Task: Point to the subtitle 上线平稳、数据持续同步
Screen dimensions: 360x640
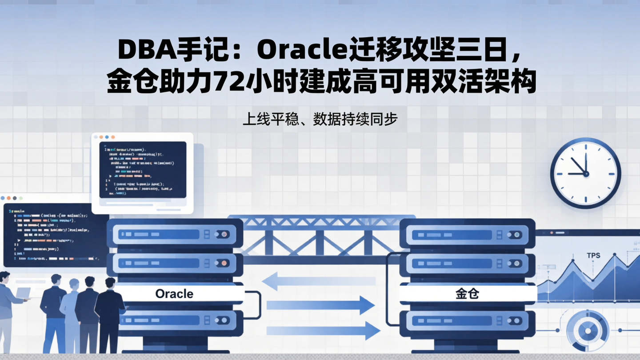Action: (x=320, y=120)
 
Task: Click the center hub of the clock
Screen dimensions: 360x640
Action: (x=585, y=173)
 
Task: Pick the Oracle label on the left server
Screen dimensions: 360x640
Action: (x=174, y=294)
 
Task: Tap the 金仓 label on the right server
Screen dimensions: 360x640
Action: (x=467, y=294)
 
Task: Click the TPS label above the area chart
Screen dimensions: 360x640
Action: (x=593, y=256)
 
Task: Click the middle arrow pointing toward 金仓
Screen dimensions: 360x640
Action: (x=320, y=305)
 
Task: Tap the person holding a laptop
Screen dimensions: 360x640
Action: (x=6, y=307)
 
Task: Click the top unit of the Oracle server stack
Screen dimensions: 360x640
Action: (x=175, y=234)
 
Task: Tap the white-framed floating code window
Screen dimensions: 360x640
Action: (x=142, y=172)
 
